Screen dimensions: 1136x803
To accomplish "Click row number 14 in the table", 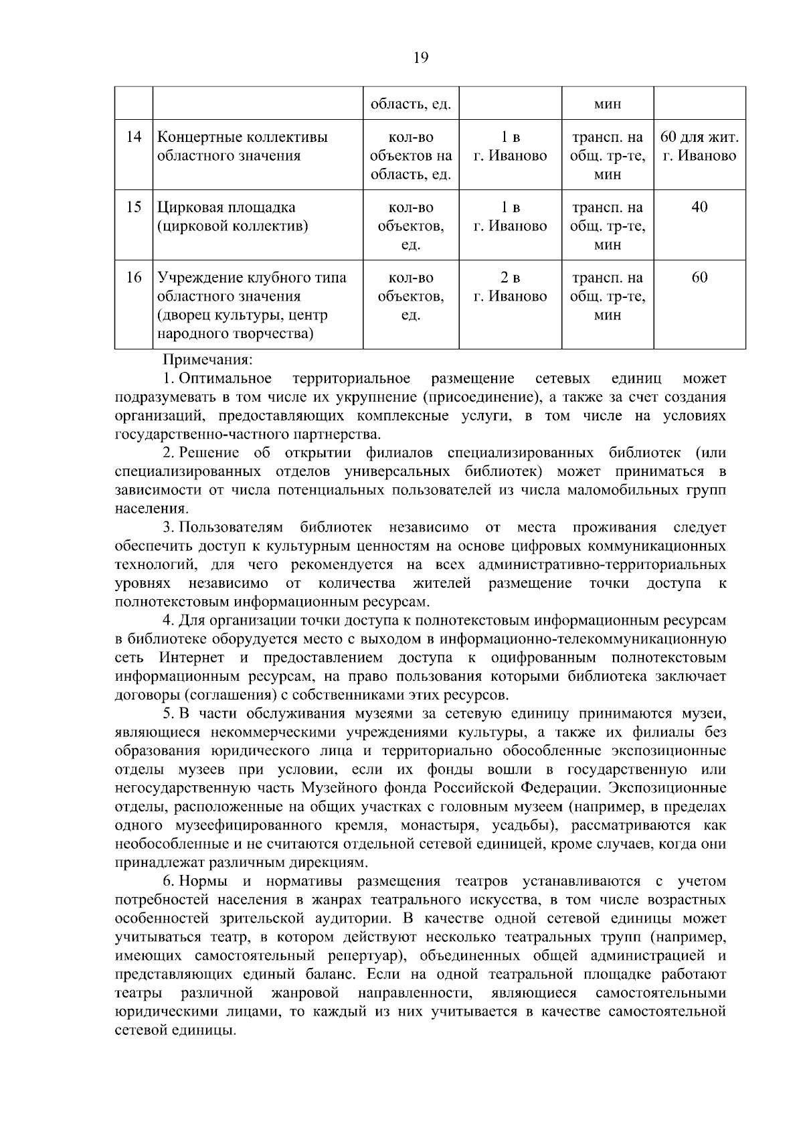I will coord(134,137).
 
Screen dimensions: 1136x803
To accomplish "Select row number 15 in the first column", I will coord(134,208).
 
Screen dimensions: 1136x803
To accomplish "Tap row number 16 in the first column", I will coord(134,278).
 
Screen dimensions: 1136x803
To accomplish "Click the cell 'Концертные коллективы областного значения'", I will coord(242,147).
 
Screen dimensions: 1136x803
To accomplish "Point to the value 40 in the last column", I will coord(699,208).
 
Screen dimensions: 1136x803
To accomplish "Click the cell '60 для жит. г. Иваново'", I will coord(699,147).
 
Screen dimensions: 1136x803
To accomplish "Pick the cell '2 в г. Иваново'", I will coord(510,287).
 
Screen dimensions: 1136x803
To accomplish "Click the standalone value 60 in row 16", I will coord(699,278).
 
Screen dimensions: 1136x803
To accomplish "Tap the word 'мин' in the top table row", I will coord(607,104).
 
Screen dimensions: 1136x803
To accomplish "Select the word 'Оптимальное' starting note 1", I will coord(225,379).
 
